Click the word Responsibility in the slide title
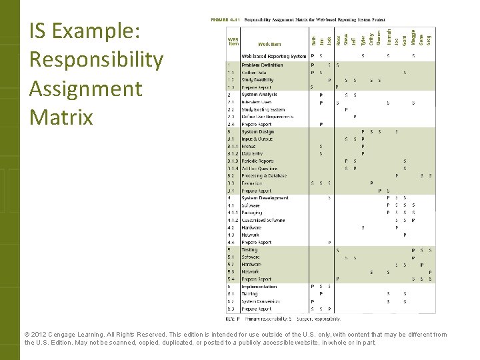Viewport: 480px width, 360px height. pos(96,60)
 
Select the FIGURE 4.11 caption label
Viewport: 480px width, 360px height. pos(225,20)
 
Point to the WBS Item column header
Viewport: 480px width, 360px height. pos(233,41)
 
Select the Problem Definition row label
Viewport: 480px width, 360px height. pos(262,65)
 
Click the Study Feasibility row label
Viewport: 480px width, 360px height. pos(257,80)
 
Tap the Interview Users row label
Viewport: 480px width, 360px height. pos(257,102)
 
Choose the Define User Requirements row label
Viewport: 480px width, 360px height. pos(267,117)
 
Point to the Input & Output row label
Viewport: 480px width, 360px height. pos(257,139)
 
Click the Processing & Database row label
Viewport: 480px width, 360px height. pos(264,176)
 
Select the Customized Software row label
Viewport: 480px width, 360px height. pos(263,220)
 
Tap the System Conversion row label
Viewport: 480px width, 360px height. pos(259,301)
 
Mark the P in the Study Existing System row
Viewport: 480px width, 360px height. pos(346,109)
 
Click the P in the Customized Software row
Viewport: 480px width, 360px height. pos(413,220)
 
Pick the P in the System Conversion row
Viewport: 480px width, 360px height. pos(313,301)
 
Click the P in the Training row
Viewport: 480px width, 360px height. pos(321,294)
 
